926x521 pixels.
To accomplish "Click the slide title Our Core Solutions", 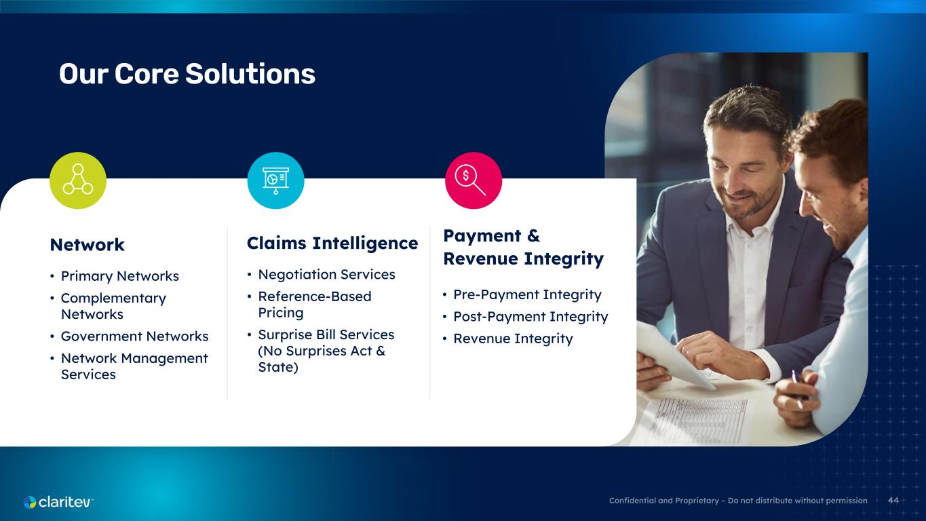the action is [187, 74].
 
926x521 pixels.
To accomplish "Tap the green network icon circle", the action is [78, 180].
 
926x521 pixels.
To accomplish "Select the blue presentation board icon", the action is [275, 180].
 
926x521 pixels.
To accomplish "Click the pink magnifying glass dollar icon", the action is [474, 180].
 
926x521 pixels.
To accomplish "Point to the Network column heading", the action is [87, 245].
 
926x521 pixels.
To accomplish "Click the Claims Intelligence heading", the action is [332, 243].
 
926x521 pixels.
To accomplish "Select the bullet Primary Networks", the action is [120, 276].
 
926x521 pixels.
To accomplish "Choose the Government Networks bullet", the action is [134, 336].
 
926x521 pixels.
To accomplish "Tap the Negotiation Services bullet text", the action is [326, 274].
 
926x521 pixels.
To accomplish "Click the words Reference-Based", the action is [315, 296].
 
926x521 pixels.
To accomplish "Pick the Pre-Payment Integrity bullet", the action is [527, 294].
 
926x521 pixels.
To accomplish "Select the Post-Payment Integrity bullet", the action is [530, 316].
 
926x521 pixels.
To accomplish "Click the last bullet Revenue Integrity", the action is [513, 339].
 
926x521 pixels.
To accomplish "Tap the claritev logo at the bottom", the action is [58, 502].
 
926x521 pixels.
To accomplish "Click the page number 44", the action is [893, 501].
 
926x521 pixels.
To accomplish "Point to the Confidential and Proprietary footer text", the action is [738, 501].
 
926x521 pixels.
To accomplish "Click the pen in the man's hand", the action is [797, 389].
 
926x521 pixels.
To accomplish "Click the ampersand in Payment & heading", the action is [533, 235].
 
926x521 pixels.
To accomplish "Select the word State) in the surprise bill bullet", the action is [278, 367].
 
